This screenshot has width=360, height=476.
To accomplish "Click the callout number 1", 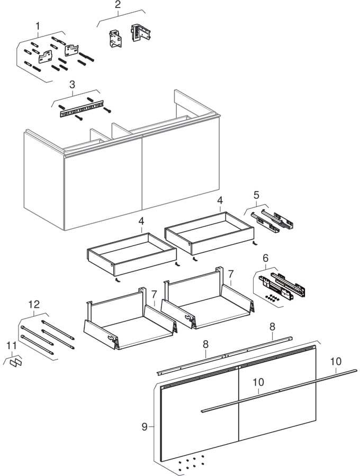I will click(38, 25).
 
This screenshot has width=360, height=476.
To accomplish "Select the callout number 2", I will click(118, 5).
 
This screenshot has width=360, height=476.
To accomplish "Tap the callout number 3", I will click(72, 84).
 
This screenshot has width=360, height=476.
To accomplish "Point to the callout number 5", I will click(256, 196).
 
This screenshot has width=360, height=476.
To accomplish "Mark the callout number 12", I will click(34, 304).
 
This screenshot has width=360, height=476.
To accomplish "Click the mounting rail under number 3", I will click(82, 110).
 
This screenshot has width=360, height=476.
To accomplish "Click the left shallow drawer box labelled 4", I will click(131, 253).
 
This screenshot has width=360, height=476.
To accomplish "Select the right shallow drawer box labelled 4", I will click(209, 232).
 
